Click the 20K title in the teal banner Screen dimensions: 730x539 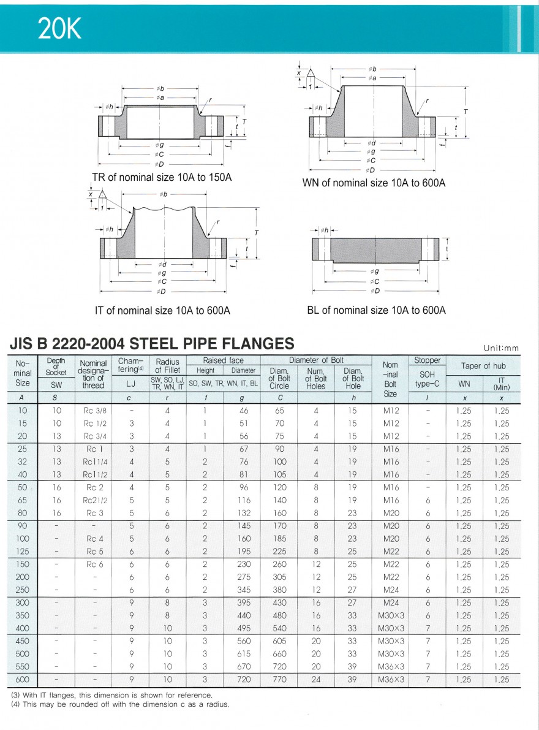click(x=59, y=29)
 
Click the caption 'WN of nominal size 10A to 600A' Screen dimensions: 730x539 click(x=374, y=183)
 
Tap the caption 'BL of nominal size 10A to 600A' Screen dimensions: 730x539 click(x=376, y=310)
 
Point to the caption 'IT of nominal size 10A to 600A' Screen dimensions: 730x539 click(x=162, y=311)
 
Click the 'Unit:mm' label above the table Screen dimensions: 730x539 click(x=500, y=348)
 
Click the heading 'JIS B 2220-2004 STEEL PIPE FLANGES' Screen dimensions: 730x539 click(x=153, y=343)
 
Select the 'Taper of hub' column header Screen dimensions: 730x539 click(x=483, y=366)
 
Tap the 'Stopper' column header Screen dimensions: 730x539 click(x=427, y=360)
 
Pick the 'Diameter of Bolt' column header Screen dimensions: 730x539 click(x=316, y=360)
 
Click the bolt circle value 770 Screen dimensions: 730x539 click(x=279, y=679)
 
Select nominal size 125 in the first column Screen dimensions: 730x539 click(x=23, y=552)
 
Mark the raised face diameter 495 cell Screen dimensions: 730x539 click(x=243, y=628)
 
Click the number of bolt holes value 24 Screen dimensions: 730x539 click(x=316, y=679)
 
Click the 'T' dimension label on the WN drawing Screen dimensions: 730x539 click(x=466, y=112)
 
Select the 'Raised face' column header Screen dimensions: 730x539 click(x=223, y=360)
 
